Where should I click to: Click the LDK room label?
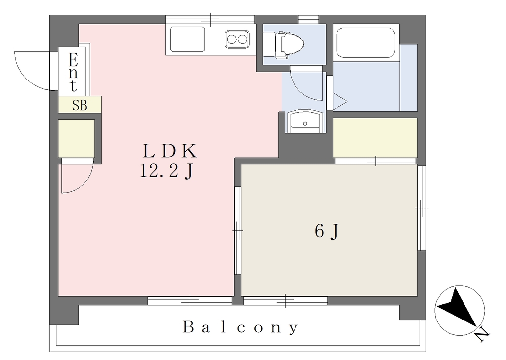pyautogui.click(x=169, y=151)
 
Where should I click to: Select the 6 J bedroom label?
pyautogui.click(x=327, y=231)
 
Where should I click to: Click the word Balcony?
pyautogui.click(x=241, y=328)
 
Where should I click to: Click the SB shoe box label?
pyautogui.click(x=80, y=105)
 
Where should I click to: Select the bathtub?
pyautogui.click(x=366, y=42)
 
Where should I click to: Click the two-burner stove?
pyautogui.click(x=237, y=40)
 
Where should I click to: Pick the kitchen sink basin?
pyautogui.click(x=187, y=39)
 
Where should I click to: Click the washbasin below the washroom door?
pyautogui.click(x=304, y=121)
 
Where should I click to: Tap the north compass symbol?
pyautogui.click(x=460, y=310)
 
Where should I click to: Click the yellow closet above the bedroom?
pyautogui.click(x=375, y=137)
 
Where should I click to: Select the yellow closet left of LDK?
pyautogui.click(x=77, y=138)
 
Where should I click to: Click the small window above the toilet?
pyautogui.click(x=308, y=19)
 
